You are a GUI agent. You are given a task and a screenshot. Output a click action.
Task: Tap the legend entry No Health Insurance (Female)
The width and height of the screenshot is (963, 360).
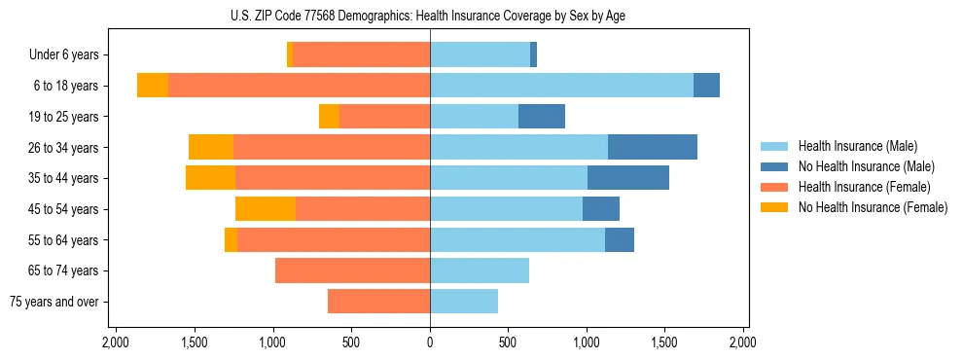click(x=873, y=207)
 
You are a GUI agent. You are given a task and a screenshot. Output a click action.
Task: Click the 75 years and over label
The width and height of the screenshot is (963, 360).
click(x=54, y=302)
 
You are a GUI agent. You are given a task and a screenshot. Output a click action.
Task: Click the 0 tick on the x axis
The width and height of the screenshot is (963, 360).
click(x=430, y=342)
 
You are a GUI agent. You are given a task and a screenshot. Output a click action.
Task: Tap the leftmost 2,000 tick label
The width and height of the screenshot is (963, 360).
click(x=116, y=342)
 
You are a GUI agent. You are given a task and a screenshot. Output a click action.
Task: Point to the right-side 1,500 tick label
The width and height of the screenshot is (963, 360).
click(x=664, y=342)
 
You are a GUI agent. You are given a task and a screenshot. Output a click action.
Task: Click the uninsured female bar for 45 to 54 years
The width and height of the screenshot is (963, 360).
click(x=266, y=209)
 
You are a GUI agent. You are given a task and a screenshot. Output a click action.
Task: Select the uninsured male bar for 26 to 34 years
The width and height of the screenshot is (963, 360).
click(x=653, y=147)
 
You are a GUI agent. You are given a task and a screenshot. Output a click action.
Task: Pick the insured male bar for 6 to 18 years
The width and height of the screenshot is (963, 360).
click(x=561, y=86)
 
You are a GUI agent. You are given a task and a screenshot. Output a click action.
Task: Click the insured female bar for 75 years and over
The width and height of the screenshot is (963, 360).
click(x=378, y=302)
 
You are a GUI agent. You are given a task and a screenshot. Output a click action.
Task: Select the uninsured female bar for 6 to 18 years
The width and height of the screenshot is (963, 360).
click(x=153, y=86)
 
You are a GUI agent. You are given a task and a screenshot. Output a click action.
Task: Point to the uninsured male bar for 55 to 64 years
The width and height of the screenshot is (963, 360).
click(x=620, y=239)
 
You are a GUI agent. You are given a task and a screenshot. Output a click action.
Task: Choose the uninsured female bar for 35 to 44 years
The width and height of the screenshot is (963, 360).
click(x=210, y=178)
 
